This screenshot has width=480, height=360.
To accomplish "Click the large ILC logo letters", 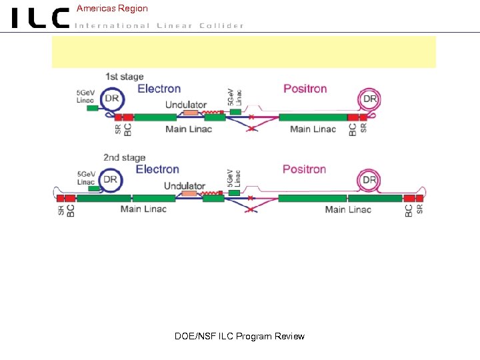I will pos(40,18).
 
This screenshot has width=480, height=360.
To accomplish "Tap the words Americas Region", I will pos(112,9).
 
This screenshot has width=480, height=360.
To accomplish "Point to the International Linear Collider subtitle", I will pos(159,26).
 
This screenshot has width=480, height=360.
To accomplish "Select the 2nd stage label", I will pos(124,158).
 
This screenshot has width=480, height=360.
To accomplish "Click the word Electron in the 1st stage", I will pos(159,89).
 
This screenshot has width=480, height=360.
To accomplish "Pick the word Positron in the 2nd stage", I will pos(304,169).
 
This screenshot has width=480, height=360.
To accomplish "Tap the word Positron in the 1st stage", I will pos(305,89).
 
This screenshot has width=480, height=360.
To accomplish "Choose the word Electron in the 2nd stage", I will pos(157,169).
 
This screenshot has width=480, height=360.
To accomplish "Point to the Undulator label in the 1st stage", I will pos(186,105).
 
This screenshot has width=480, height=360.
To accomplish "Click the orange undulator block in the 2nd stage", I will pos(189,193).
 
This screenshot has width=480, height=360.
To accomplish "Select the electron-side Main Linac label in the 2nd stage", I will pos(143,209).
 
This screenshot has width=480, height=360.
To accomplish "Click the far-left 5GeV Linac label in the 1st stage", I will pos(85,97).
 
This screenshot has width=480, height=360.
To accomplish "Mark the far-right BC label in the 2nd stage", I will pos(409,210).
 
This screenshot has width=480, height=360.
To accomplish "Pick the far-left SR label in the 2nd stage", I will pos(61,210).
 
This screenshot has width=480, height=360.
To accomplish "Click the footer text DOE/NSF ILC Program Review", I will pos(239,336).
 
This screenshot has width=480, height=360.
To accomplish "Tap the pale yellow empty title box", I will pos(244,52).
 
